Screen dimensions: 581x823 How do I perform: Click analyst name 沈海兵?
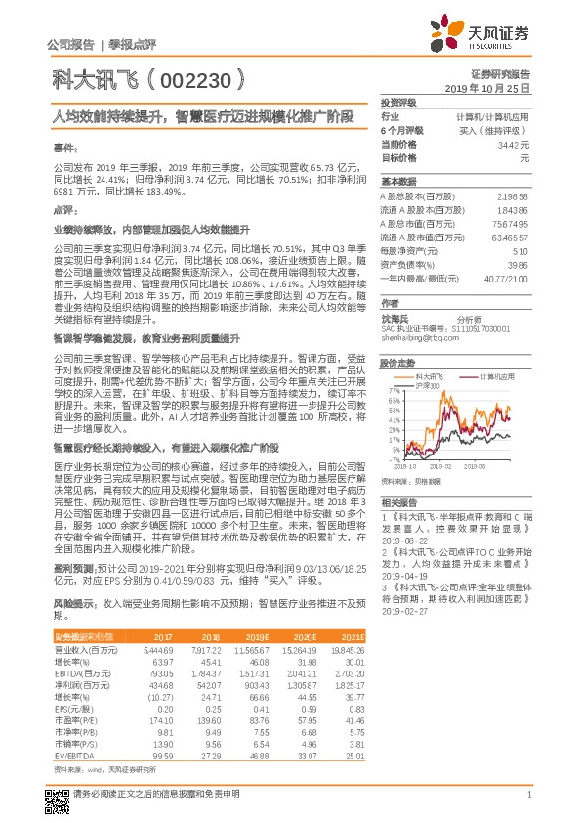click(394, 318)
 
